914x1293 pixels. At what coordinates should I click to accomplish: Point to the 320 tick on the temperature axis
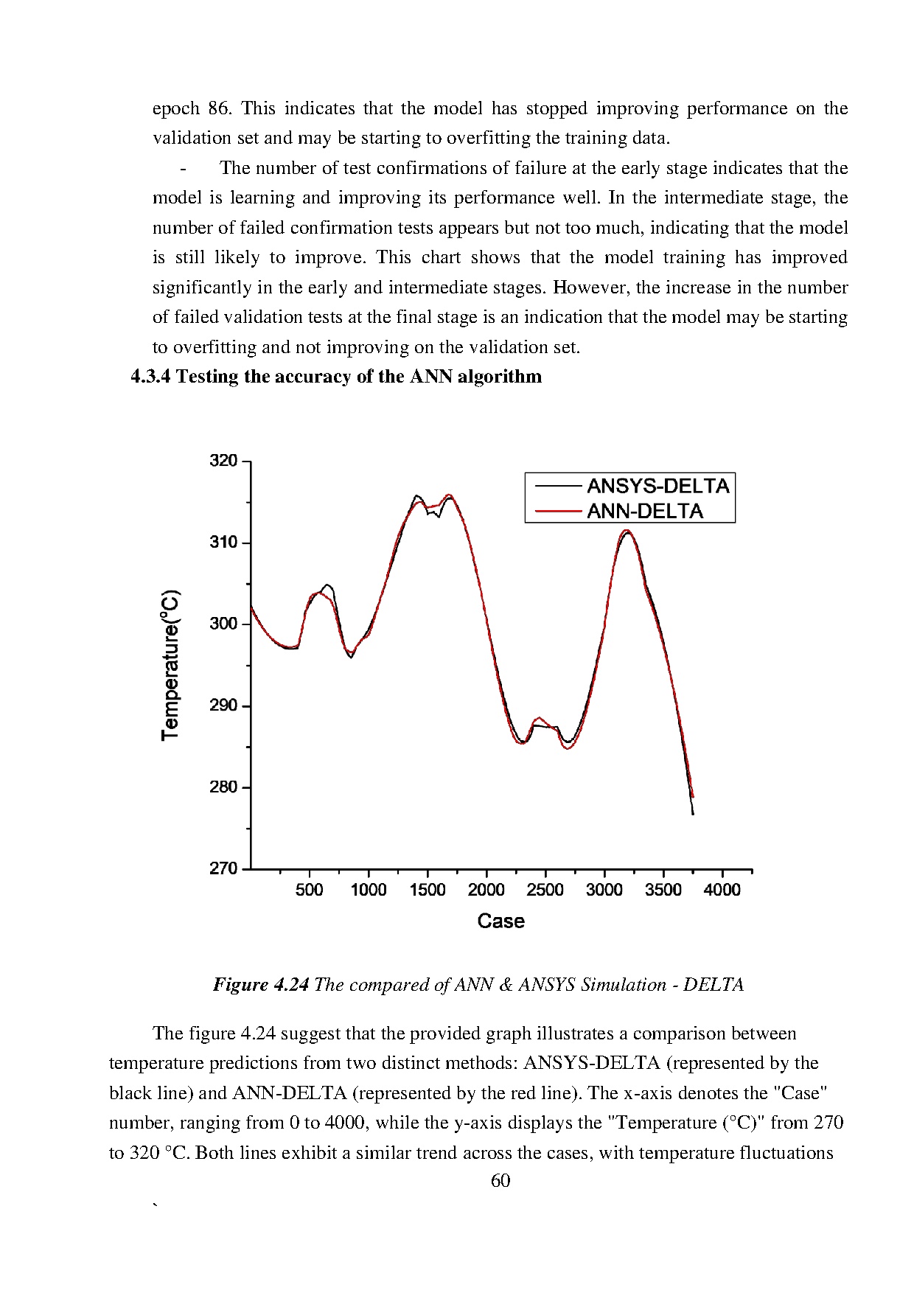pyautogui.click(x=223, y=461)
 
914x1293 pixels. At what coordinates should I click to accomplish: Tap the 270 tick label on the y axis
pyautogui.click(x=223, y=868)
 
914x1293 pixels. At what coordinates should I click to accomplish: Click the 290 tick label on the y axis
pyautogui.click(x=223, y=705)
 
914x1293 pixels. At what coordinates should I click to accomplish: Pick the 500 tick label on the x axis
pyautogui.click(x=309, y=890)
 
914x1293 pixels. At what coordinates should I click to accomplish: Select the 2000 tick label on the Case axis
pyautogui.click(x=486, y=890)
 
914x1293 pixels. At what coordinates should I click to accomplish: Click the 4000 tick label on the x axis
pyautogui.click(x=722, y=890)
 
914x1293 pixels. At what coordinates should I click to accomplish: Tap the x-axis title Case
pyautogui.click(x=500, y=921)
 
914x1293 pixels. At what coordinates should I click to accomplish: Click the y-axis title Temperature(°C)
pyautogui.click(x=171, y=664)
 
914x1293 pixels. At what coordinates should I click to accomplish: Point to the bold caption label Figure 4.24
pyautogui.click(x=260, y=985)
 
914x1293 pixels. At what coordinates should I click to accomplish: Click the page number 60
pyautogui.click(x=500, y=1180)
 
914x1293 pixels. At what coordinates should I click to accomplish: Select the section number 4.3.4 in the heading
pyautogui.click(x=150, y=377)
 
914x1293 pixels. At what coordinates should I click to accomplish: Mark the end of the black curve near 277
pyautogui.click(x=693, y=814)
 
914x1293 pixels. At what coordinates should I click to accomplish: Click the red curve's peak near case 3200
pyautogui.click(x=627, y=530)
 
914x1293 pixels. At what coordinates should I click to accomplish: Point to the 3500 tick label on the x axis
pyautogui.click(x=663, y=890)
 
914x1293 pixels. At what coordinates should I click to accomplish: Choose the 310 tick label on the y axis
pyautogui.click(x=223, y=543)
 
